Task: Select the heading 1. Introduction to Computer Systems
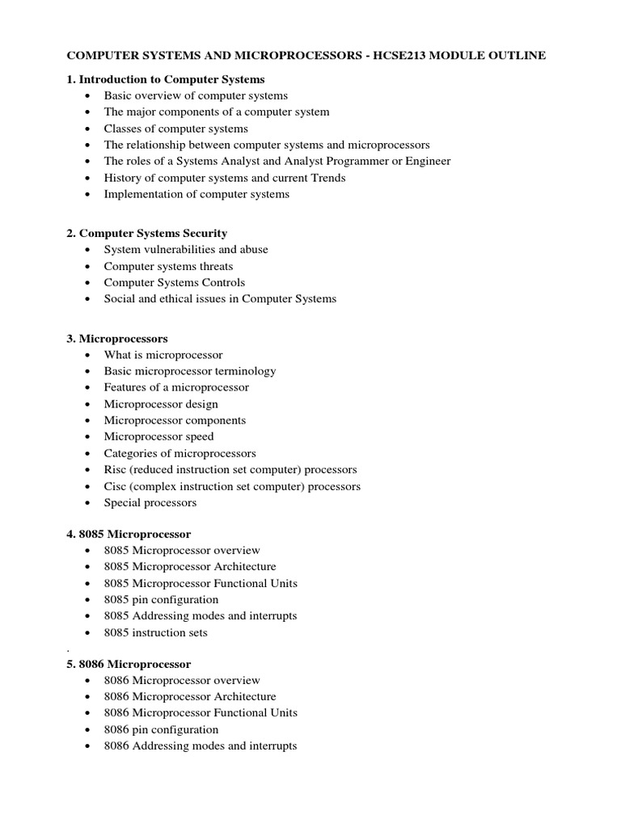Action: [165, 79]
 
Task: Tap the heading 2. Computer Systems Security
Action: [146, 233]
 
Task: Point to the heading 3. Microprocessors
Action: [116, 338]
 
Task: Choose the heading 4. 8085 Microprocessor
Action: [129, 534]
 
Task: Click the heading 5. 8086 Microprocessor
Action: [129, 664]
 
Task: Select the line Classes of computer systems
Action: [175, 129]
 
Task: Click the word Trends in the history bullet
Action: [327, 178]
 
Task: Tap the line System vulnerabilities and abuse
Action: [186, 250]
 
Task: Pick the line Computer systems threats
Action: [168, 266]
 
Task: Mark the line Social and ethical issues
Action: [220, 299]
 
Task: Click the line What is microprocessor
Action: [163, 355]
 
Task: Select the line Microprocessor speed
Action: [158, 437]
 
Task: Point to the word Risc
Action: [116, 470]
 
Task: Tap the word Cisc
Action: [116, 486]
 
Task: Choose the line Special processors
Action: [150, 503]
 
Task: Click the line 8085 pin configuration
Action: [161, 600]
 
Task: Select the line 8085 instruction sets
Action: [155, 632]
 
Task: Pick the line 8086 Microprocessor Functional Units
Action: [201, 712]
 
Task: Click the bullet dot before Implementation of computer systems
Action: [87, 195]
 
